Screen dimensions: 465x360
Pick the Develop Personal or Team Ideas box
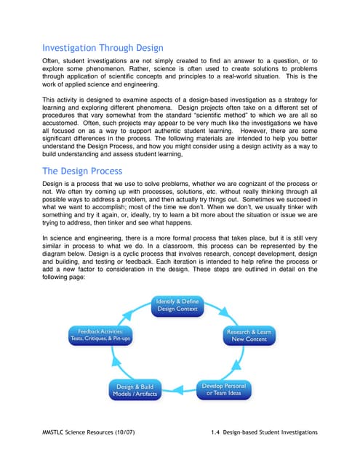223,389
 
